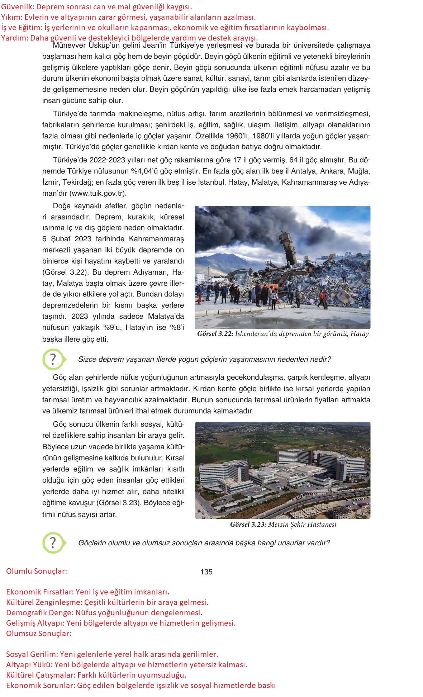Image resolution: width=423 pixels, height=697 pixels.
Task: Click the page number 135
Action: coord(206,572)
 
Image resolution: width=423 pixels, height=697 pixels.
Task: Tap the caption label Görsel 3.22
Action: coord(215,334)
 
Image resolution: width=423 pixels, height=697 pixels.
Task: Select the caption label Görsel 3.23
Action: coord(248,525)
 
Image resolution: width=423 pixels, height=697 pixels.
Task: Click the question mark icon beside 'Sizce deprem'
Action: coord(53,359)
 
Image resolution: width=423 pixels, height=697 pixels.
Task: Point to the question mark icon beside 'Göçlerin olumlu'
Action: coord(53,543)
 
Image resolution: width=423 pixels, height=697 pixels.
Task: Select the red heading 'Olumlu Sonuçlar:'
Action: coord(37,571)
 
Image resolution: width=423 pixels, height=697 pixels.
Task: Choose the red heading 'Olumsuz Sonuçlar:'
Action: coord(39,633)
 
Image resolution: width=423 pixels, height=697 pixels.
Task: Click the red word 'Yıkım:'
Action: coord(12,17)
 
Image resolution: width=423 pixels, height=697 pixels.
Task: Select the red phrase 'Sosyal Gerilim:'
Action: coord(32,654)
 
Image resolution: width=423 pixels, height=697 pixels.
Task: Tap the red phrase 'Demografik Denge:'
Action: coord(40,612)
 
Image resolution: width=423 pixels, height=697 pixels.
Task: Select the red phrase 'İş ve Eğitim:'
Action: coord(22,28)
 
